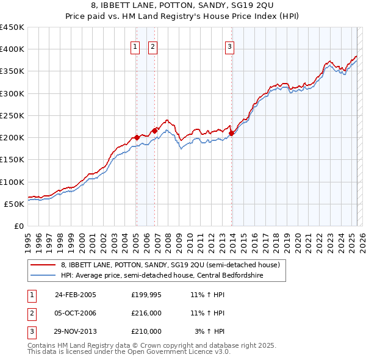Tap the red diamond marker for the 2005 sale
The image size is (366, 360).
(x=137, y=137)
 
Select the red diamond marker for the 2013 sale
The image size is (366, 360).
(x=232, y=134)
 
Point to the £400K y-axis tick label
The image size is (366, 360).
(x=12, y=49)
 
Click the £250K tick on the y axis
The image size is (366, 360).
(x=12, y=115)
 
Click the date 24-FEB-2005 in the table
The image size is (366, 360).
(x=76, y=295)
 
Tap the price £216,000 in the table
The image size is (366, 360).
(x=146, y=313)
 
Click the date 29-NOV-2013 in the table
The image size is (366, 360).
(x=76, y=331)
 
